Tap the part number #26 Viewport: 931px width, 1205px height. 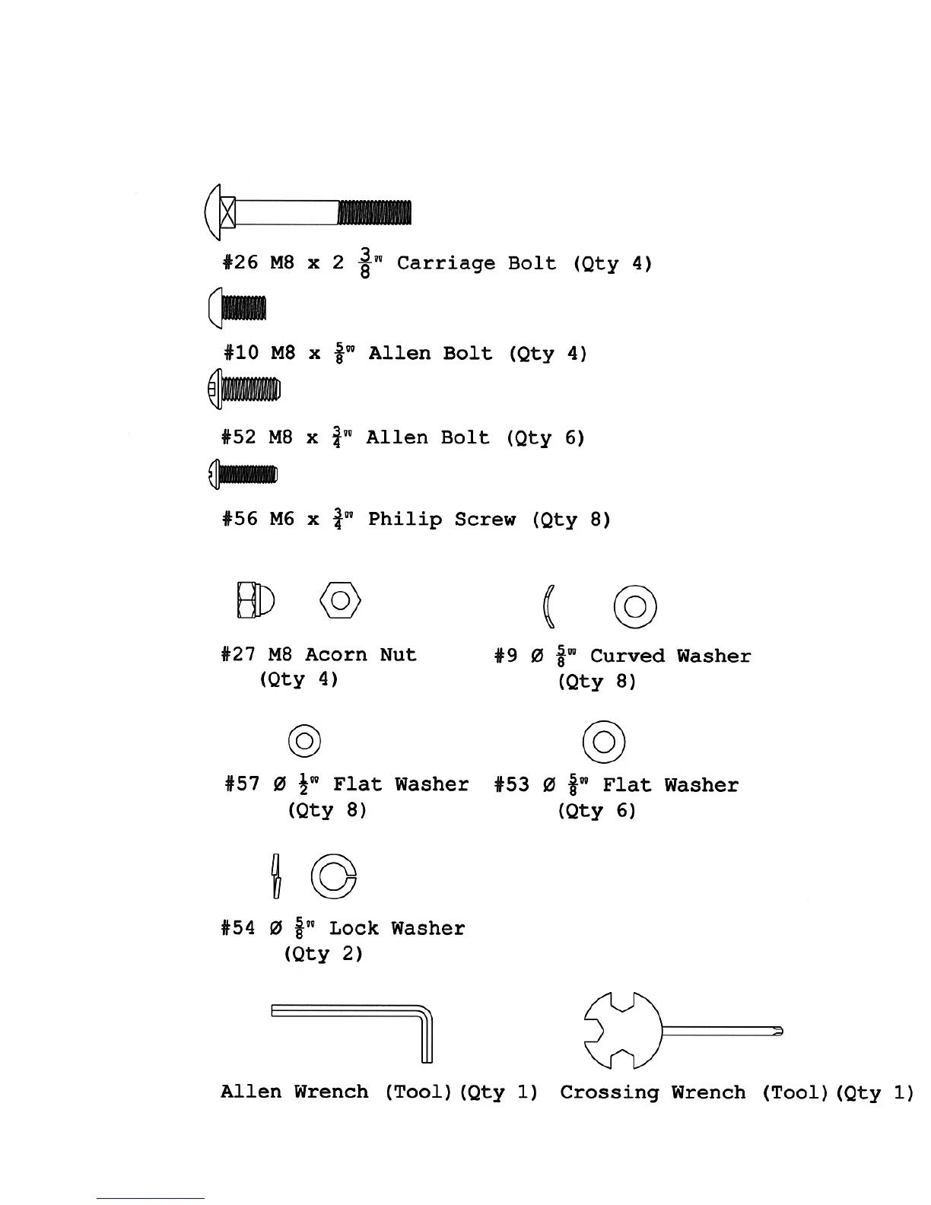(x=240, y=263)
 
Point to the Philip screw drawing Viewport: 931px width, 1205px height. (x=243, y=475)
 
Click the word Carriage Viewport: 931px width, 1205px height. (x=446, y=263)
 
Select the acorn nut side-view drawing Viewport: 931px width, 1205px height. (x=256, y=601)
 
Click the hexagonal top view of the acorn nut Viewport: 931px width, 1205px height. (x=340, y=601)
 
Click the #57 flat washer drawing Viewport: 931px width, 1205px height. (x=304, y=740)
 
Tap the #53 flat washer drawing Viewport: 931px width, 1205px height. (x=603, y=741)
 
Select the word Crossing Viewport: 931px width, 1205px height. (x=609, y=1093)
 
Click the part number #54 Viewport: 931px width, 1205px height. (x=238, y=928)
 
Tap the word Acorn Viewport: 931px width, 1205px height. (x=332, y=655)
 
